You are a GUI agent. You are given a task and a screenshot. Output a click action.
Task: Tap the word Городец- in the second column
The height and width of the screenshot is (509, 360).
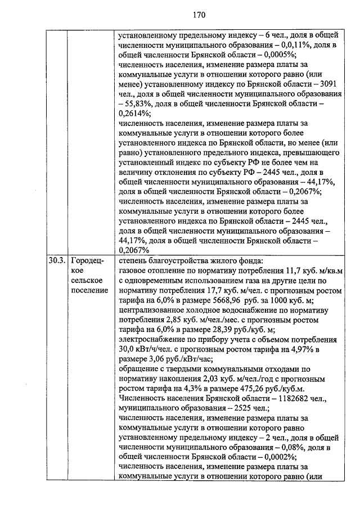tap(87, 260)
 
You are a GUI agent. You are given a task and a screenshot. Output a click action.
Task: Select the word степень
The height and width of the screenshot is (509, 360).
tap(135, 260)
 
